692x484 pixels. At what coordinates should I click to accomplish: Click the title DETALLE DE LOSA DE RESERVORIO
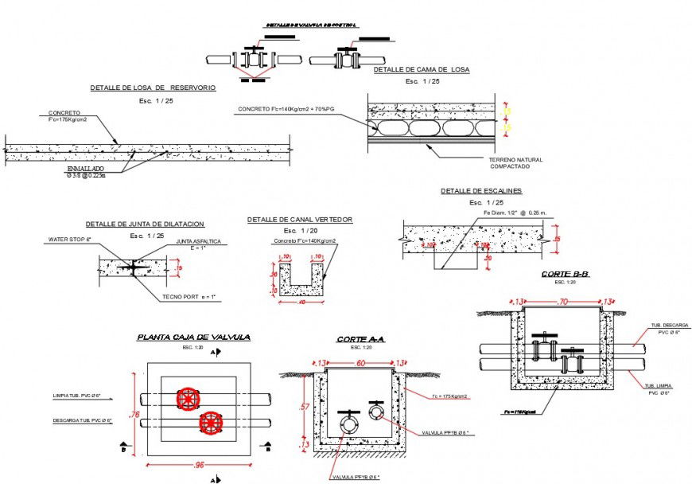(152, 88)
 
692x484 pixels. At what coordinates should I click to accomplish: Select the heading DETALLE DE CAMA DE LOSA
(422, 70)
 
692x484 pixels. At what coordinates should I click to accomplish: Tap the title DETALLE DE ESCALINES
(481, 191)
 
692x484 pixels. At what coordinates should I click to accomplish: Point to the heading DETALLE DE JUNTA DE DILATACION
(145, 224)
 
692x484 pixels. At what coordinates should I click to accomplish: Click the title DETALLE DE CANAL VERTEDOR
(299, 219)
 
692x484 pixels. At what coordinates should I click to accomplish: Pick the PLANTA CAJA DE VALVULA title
(193, 337)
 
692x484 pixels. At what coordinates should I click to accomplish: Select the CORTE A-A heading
(360, 339)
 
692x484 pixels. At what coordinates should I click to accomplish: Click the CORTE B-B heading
(565, 274)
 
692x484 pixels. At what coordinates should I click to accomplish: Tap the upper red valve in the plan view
(188, 399)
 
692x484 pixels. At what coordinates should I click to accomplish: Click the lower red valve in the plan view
(210, 423)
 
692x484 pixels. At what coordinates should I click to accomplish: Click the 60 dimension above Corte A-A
(360, 362)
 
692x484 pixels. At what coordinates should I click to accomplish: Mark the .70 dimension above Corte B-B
(563, 302)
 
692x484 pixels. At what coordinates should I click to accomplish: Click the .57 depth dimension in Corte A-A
(303, 408)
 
